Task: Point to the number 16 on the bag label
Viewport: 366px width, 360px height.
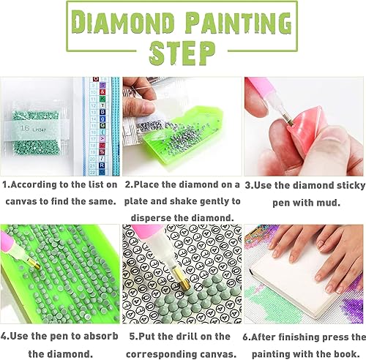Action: point(24,108)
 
